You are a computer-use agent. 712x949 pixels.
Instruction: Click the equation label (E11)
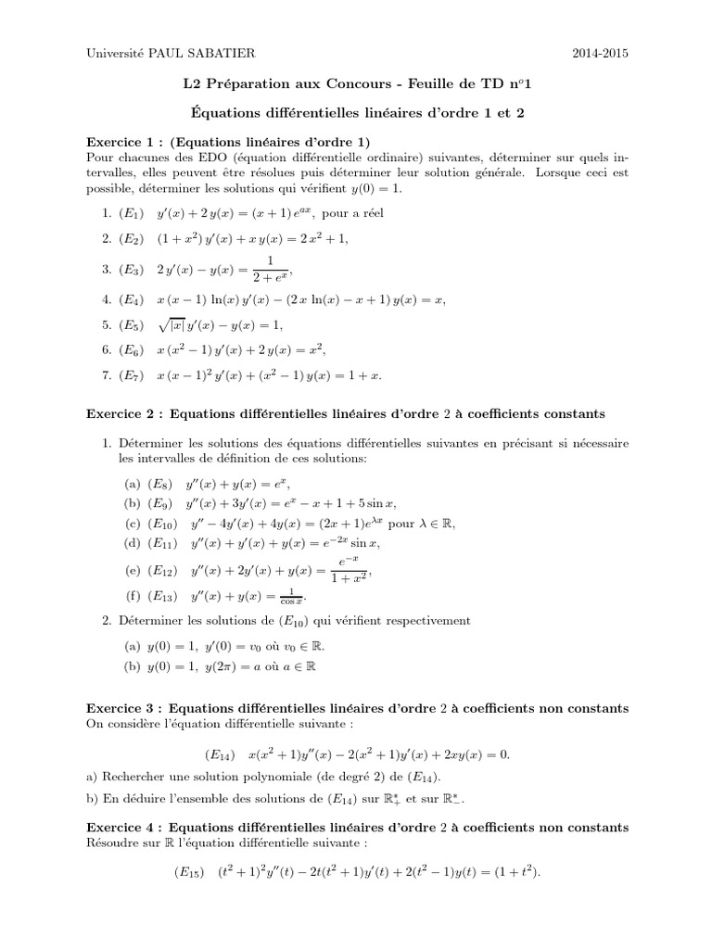pos(162,543)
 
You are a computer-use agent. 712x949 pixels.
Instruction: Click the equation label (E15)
pos(192,872)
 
